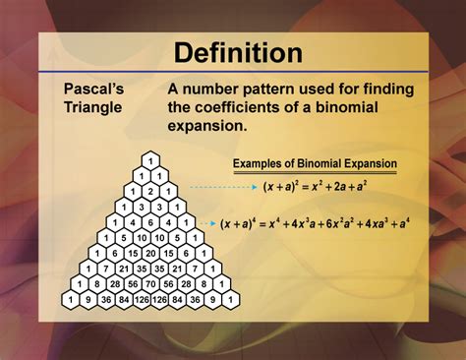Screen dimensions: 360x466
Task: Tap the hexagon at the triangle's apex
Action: click(x=149, y=160)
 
